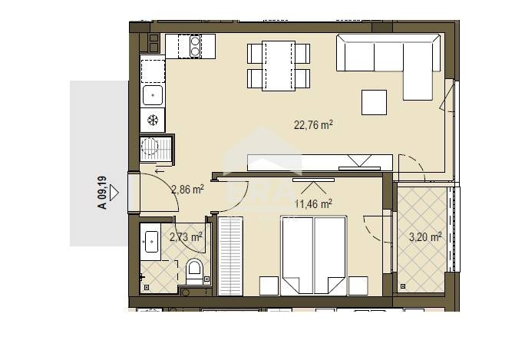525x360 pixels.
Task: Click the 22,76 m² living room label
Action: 313,125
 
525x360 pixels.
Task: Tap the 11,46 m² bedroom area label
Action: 313,203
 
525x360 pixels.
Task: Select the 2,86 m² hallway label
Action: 187,190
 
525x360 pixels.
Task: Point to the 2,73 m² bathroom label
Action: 186,237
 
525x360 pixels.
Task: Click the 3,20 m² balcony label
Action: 425,237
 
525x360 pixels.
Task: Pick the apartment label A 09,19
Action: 102,193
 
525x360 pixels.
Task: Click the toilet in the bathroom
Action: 194,271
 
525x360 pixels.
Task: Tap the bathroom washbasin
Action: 150,242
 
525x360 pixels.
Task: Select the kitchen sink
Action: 153,95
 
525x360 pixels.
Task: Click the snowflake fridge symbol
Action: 153,120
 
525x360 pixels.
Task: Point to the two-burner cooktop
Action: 195,46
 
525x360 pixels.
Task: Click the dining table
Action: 279,66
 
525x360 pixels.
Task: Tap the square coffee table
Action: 374,102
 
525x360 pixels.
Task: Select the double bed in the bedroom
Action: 313,256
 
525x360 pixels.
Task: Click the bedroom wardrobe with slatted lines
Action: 230,256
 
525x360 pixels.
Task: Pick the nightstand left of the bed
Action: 269,286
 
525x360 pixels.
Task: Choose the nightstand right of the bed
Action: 358,286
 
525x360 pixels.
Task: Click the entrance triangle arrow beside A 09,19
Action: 114,193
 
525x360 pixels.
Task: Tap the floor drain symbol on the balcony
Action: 403,286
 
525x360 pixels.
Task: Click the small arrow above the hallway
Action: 160,171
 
